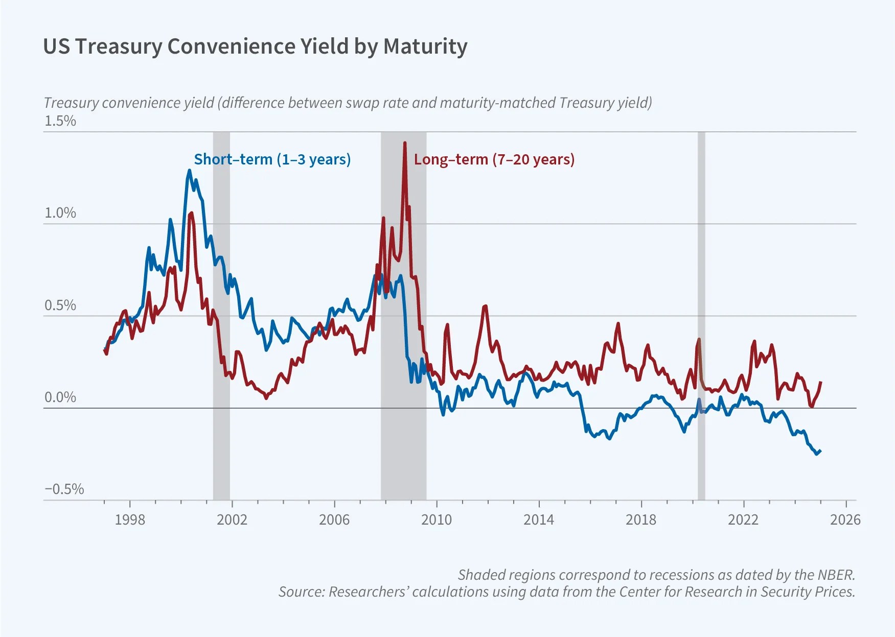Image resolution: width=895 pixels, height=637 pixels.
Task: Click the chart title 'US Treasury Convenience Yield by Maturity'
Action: (x=255, y=46)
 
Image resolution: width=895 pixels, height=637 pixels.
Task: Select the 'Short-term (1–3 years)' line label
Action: (x=272, y=159)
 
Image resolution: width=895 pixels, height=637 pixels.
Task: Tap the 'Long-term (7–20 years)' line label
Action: (x=494, y=159)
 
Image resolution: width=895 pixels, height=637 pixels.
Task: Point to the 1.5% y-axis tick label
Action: (x=60, y=121)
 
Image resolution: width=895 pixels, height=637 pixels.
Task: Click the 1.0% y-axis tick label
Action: (x=60, y=213)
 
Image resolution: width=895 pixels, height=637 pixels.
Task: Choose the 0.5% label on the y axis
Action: (x=60, y=305)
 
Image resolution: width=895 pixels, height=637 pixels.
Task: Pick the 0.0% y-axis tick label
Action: (x=60, y=397)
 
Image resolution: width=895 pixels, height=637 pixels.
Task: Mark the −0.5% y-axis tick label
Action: (x=64, y=489)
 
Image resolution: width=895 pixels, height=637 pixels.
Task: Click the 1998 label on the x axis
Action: (x=130, y=520)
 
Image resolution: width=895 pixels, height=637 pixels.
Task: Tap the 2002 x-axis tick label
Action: (x=232, y=520)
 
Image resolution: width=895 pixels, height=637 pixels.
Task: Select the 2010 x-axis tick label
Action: (x=437, y=520)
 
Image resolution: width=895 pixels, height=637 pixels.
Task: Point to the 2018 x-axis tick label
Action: (x=641, y=520)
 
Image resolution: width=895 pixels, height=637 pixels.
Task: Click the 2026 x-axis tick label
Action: (x=845, y=520)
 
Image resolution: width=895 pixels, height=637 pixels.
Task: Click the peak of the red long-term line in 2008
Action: (x=405, y=143)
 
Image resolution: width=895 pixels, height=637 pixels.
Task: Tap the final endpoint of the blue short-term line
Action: (x=820, y=451)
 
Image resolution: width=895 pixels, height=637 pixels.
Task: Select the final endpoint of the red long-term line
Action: (x=821, y=382)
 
